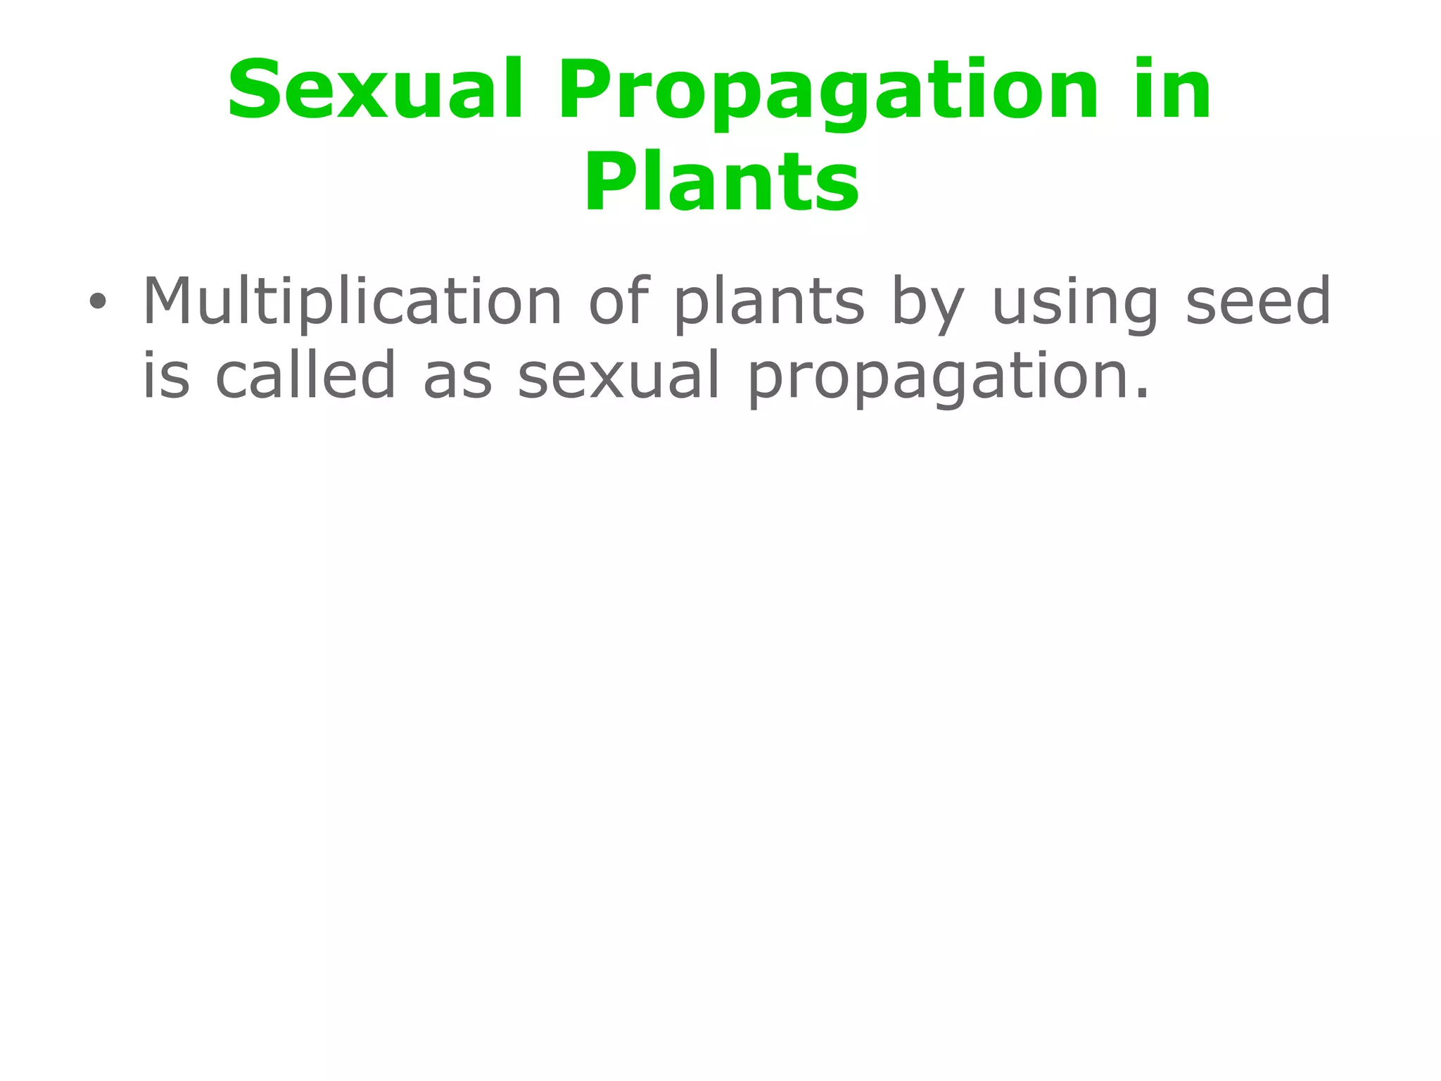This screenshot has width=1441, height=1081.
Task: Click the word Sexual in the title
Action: coord(375,90)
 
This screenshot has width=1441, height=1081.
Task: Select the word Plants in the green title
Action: coord(721,181)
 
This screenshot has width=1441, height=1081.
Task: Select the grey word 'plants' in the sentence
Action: coord(769,303)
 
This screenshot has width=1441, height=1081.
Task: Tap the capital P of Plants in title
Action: coord(609,181)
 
